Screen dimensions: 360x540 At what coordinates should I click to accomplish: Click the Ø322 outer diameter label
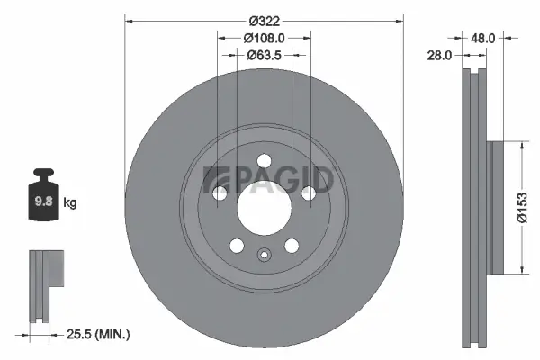click(x=265, y=21)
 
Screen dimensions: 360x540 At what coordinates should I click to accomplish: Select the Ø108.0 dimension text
click(x=265, y=38)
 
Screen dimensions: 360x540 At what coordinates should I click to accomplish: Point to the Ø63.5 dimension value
click(x=265, y=55)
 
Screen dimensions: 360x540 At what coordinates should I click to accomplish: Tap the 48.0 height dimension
click(x=483, y=39)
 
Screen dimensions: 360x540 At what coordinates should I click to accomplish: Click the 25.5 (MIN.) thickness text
click(x=98, y=334)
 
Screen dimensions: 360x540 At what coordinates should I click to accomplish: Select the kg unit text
click(x=70, y=203)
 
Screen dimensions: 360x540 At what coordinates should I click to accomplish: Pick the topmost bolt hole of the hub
click(x=264, y=161)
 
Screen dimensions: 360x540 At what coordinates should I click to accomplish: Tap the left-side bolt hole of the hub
click(x=220, y=193)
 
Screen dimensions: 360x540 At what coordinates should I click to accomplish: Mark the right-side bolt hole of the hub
click(x=308, y=193)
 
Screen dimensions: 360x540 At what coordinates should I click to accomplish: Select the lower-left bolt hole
click(x=237, y=245)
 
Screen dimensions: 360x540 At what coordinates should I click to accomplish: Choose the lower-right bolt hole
click(x=292, y=245)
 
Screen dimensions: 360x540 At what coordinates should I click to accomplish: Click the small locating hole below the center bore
click(x=264, y=254)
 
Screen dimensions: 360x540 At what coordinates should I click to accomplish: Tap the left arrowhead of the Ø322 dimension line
click(x=128, y=21)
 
